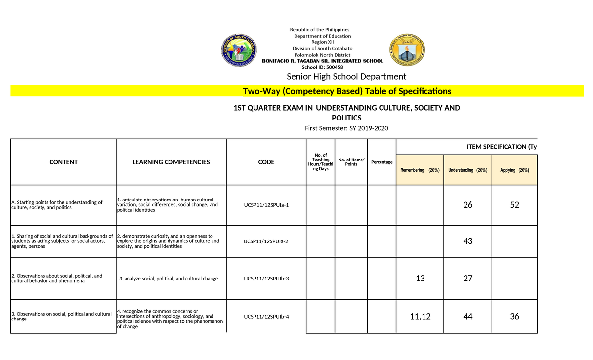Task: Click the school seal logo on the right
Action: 407,49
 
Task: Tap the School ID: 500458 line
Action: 322,67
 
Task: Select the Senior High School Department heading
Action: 346,76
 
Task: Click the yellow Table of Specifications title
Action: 346,91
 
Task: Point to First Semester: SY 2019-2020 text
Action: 346,128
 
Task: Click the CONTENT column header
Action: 63,162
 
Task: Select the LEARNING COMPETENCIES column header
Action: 171,162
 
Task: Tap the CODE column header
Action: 266,162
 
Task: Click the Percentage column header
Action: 381,162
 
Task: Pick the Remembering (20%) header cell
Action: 420,170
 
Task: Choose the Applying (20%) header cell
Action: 514,170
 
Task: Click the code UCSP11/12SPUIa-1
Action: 266,205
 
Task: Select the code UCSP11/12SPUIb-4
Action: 266,317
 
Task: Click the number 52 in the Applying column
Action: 515,205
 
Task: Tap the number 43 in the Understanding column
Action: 468,241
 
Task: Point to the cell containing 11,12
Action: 420,317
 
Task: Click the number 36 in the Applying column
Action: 515,317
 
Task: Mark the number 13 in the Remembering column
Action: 420,279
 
